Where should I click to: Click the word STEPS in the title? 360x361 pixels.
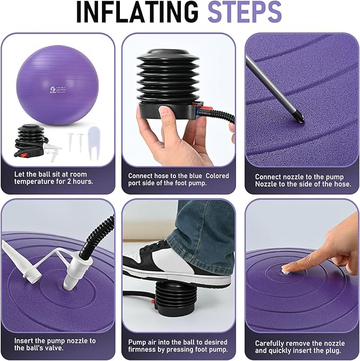244,12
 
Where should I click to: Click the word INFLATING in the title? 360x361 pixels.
137,12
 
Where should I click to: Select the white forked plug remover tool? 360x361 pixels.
94,143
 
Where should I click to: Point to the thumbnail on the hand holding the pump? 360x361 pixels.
165,112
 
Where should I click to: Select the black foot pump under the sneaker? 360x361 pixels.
172,301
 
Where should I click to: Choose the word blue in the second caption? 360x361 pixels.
196,176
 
